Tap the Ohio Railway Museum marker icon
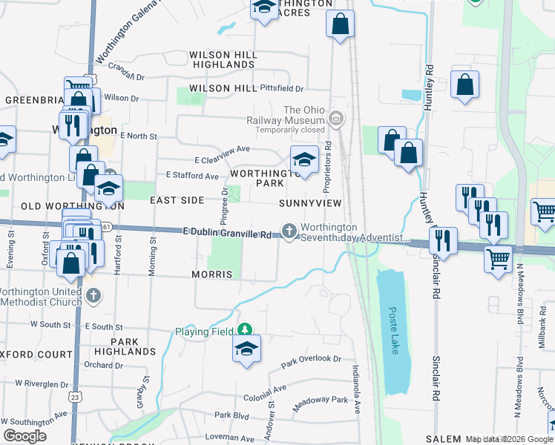tap(336, 118)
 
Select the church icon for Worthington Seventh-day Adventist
tap(288, 231)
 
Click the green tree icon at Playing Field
tap(244, 330)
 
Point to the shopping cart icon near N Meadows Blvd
tap(498, 260)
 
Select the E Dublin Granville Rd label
tap(229, 233)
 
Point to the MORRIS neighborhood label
tap(213, 274)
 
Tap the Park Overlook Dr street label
tap(311, 360)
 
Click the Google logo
tap(24, 436)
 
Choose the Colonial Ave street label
tap(264, 389)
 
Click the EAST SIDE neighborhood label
tap(177, 200)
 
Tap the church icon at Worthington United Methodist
tap(93, 295)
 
